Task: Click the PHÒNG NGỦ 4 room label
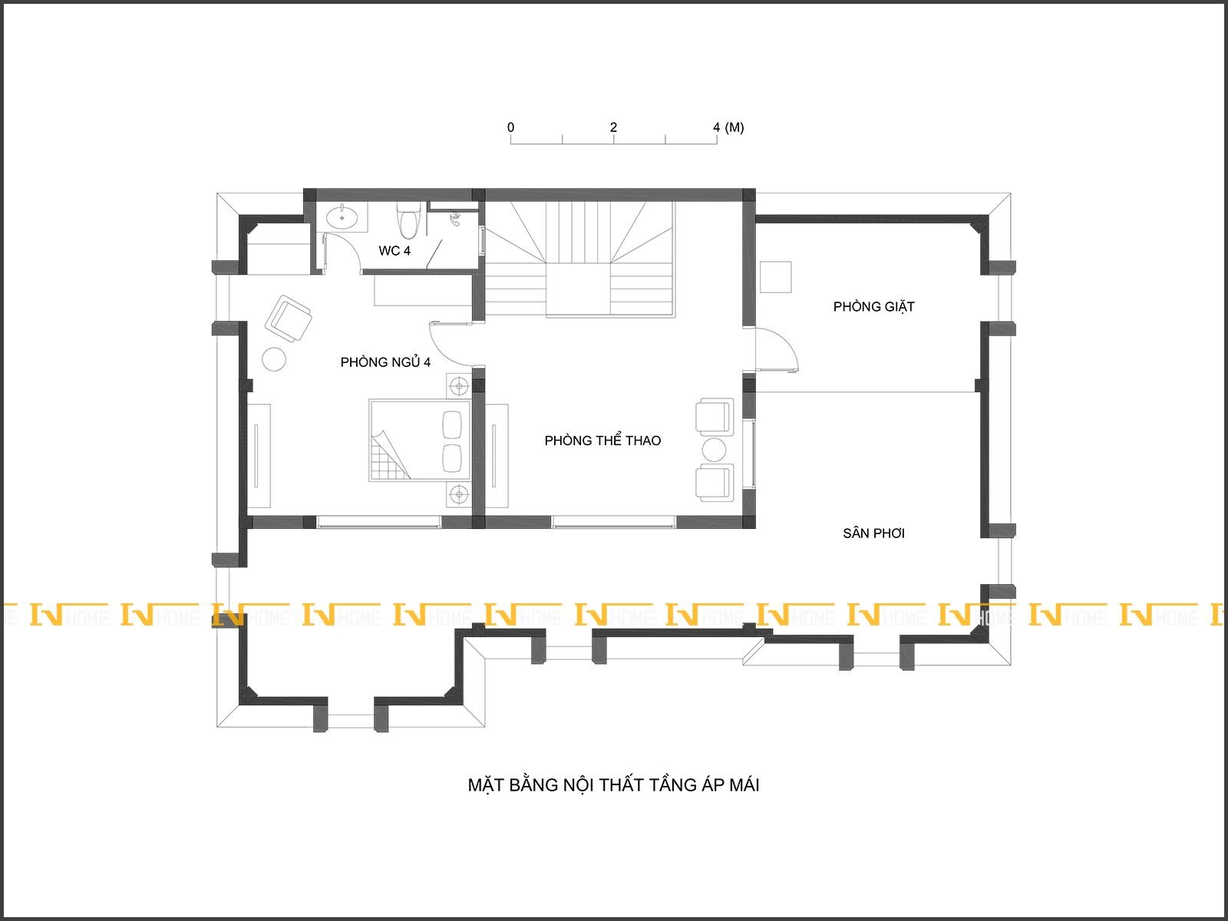[385, 362]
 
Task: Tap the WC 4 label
[394, 251]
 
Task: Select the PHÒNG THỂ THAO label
[602, 441]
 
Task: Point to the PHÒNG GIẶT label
[874, 307]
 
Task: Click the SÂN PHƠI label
[874, 533]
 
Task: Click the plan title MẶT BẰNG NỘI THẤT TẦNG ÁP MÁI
[613, 785]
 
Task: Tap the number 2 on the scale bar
[614, 127]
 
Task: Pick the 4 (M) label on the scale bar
[728, 127]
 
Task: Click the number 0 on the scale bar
[511, 127]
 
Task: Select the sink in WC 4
[342, 217]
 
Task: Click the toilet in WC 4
[408, 220]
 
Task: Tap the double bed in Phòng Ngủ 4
[420, 440]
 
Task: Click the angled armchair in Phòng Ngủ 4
[288, 319]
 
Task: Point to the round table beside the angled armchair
[274, 359]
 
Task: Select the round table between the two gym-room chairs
[714, 450]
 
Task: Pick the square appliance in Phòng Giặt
[776, 277]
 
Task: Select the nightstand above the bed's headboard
[459, 386]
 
